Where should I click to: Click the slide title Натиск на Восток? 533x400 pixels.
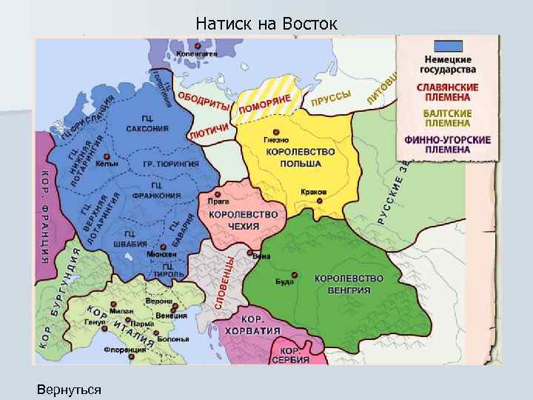tap(266, 24)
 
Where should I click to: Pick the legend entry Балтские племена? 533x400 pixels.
tap(447, 119)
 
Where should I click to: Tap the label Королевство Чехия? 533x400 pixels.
tap(244, 220)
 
